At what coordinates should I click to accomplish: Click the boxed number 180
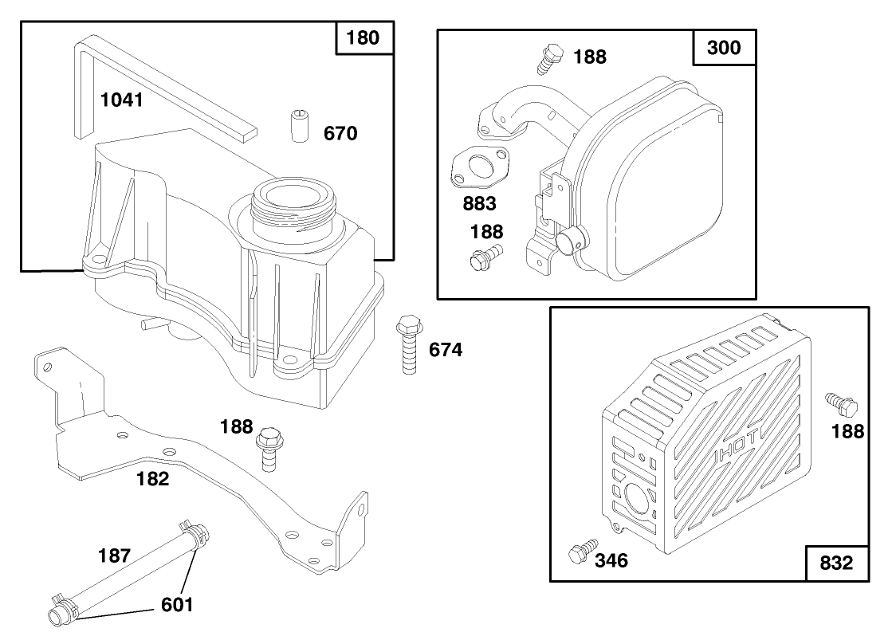point(364,37)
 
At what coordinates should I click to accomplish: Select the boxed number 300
point(724,47)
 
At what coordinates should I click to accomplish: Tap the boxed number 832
point(835,563)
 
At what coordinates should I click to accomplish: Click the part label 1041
point(121,100)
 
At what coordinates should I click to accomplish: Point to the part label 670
point(340,134)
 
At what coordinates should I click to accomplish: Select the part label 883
point(480,203)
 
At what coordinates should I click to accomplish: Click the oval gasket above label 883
point(479,167)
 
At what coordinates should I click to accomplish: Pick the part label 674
point(446,349)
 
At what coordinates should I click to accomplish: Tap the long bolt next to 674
point(407,344)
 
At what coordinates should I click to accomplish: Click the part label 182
point(153,479)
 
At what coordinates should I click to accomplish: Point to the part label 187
point(115,556)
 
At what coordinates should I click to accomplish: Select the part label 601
point(177,605)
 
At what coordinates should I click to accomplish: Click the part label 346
point(611,561)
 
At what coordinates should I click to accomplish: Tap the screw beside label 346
point(581,552)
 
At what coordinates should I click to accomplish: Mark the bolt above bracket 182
point(269,448)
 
